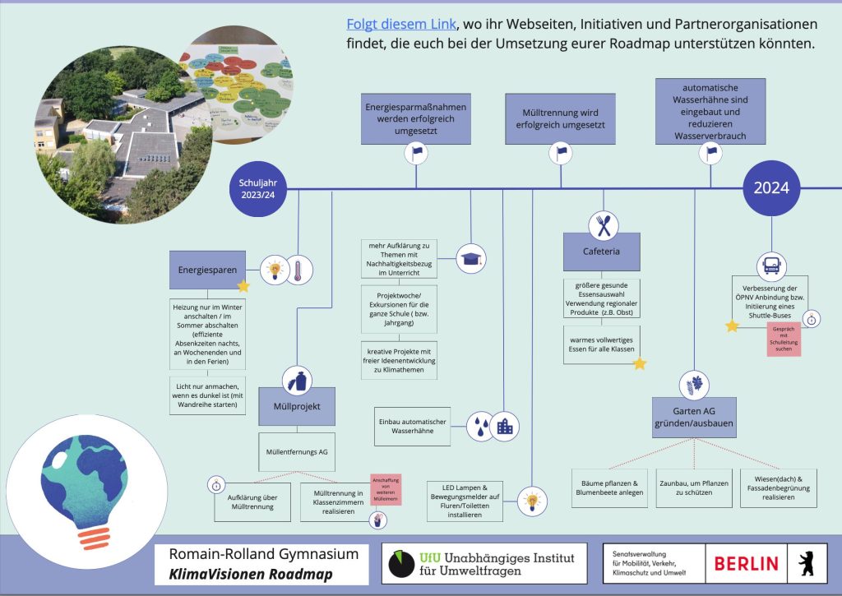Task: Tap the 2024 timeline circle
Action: (770, 187)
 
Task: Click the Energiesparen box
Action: (207, 270)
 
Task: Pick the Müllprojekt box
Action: (297, 406)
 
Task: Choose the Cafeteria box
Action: (601, 252)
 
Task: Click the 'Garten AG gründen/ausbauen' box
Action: (693, 417)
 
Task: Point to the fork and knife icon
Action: (602, 223)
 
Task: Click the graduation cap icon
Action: (471, 258)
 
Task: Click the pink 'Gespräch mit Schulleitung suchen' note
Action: (783, 339)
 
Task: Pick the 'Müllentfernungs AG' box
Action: (297, 451)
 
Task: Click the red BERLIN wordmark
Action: (746, 563)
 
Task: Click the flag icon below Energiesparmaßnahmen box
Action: (417, 152)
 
